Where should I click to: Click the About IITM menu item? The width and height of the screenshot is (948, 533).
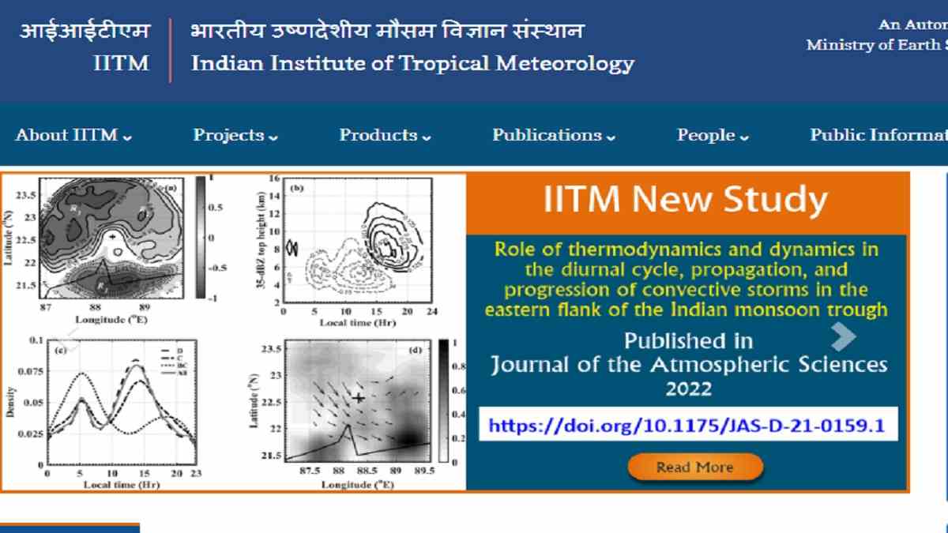(x=73, y=135)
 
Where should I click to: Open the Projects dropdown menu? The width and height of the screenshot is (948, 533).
(x=235, y=135)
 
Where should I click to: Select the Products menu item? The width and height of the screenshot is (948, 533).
(x=385, y=135)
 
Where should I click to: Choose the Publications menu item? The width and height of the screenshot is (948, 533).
(x=553, y=135)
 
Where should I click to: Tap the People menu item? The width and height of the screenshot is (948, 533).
(x=713, y=135)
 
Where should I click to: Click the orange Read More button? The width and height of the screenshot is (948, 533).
(x=695, y=467)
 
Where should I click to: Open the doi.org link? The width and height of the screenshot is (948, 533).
(x=686, y=426)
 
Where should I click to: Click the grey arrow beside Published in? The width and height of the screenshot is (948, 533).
(x=843, y=338)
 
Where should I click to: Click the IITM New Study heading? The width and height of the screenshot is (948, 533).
(x=686, y=200)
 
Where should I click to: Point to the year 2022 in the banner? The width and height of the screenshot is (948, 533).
(x=688, y=388)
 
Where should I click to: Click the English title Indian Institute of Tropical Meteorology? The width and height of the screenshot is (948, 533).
(x=412, y=63)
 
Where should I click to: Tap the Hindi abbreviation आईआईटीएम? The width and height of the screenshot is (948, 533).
(x=84, y=32)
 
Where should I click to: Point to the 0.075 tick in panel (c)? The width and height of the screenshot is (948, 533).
(x=30, y=370)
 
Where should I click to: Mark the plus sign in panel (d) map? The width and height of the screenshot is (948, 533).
(x=359, y=398)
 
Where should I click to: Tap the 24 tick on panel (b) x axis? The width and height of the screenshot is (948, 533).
(x=431, y=313)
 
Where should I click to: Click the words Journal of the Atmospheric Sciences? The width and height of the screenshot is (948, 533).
(x=688, y=365)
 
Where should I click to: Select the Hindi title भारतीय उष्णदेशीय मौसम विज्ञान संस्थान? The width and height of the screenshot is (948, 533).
(x=387, y=32)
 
